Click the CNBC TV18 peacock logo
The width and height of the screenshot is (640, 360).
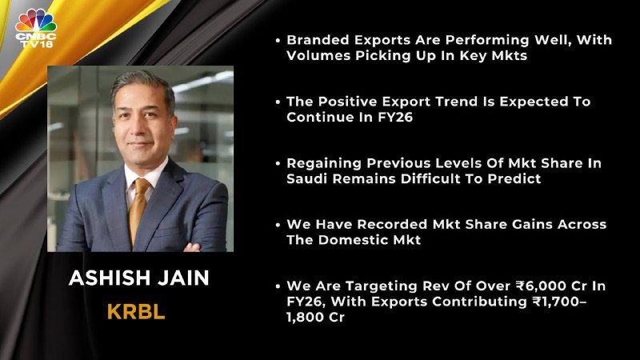tap(36, 29)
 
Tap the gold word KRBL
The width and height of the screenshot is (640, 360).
tap(136, 312)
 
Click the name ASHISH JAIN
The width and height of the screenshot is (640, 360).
tap(138, 278)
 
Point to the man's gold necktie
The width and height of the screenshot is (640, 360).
tap(138, 209)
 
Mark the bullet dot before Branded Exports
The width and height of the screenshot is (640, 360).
tap(278, 41)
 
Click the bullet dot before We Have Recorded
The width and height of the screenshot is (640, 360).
tap(278, 225)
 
